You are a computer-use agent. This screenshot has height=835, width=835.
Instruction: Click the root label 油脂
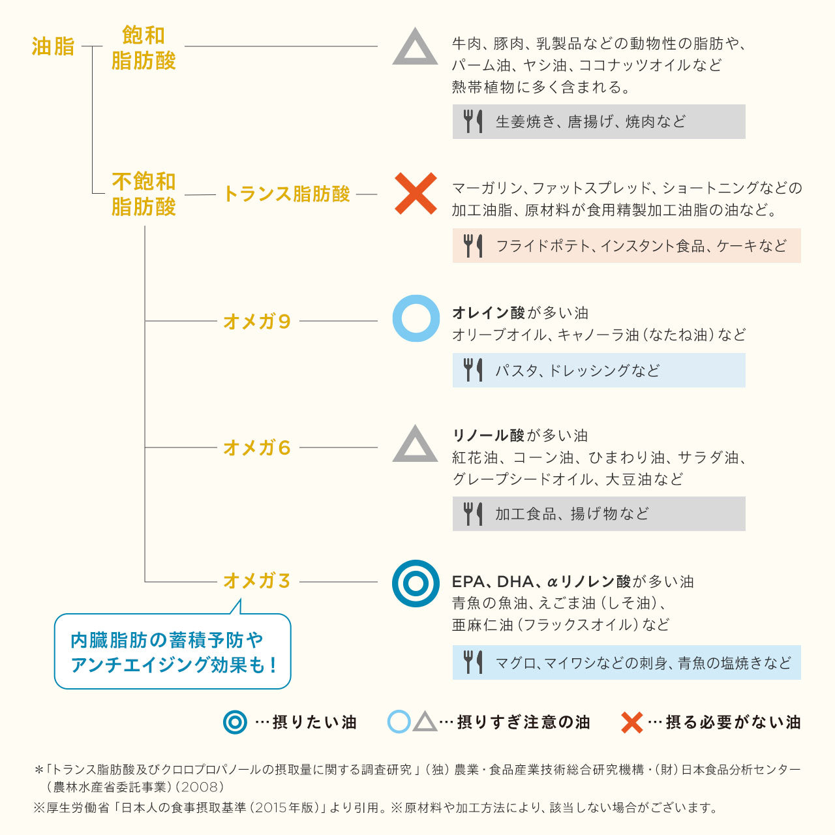tap(53, 46)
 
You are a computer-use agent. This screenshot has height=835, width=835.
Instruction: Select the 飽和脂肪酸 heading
tap(144, 48)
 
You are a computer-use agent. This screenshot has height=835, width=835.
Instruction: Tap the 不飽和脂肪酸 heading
tap(144, 194)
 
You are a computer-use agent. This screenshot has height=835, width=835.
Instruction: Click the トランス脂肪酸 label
tap(286, 194)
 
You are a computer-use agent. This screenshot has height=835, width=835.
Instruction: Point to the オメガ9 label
tap(256, 322)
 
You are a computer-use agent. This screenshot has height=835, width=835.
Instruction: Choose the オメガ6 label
tap(256, 448)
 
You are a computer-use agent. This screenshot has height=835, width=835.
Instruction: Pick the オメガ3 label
tap(256, 581)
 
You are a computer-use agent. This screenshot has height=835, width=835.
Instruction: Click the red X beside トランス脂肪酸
tap(416, 193)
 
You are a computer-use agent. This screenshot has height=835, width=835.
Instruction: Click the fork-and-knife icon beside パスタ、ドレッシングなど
tap(473, 370)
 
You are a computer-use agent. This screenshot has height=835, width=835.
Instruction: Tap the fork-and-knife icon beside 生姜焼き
tap(473, 121)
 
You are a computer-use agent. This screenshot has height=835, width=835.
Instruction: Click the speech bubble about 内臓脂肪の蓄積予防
tap(172, 651)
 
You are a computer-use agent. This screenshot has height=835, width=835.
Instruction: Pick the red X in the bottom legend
tap(631, 722)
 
